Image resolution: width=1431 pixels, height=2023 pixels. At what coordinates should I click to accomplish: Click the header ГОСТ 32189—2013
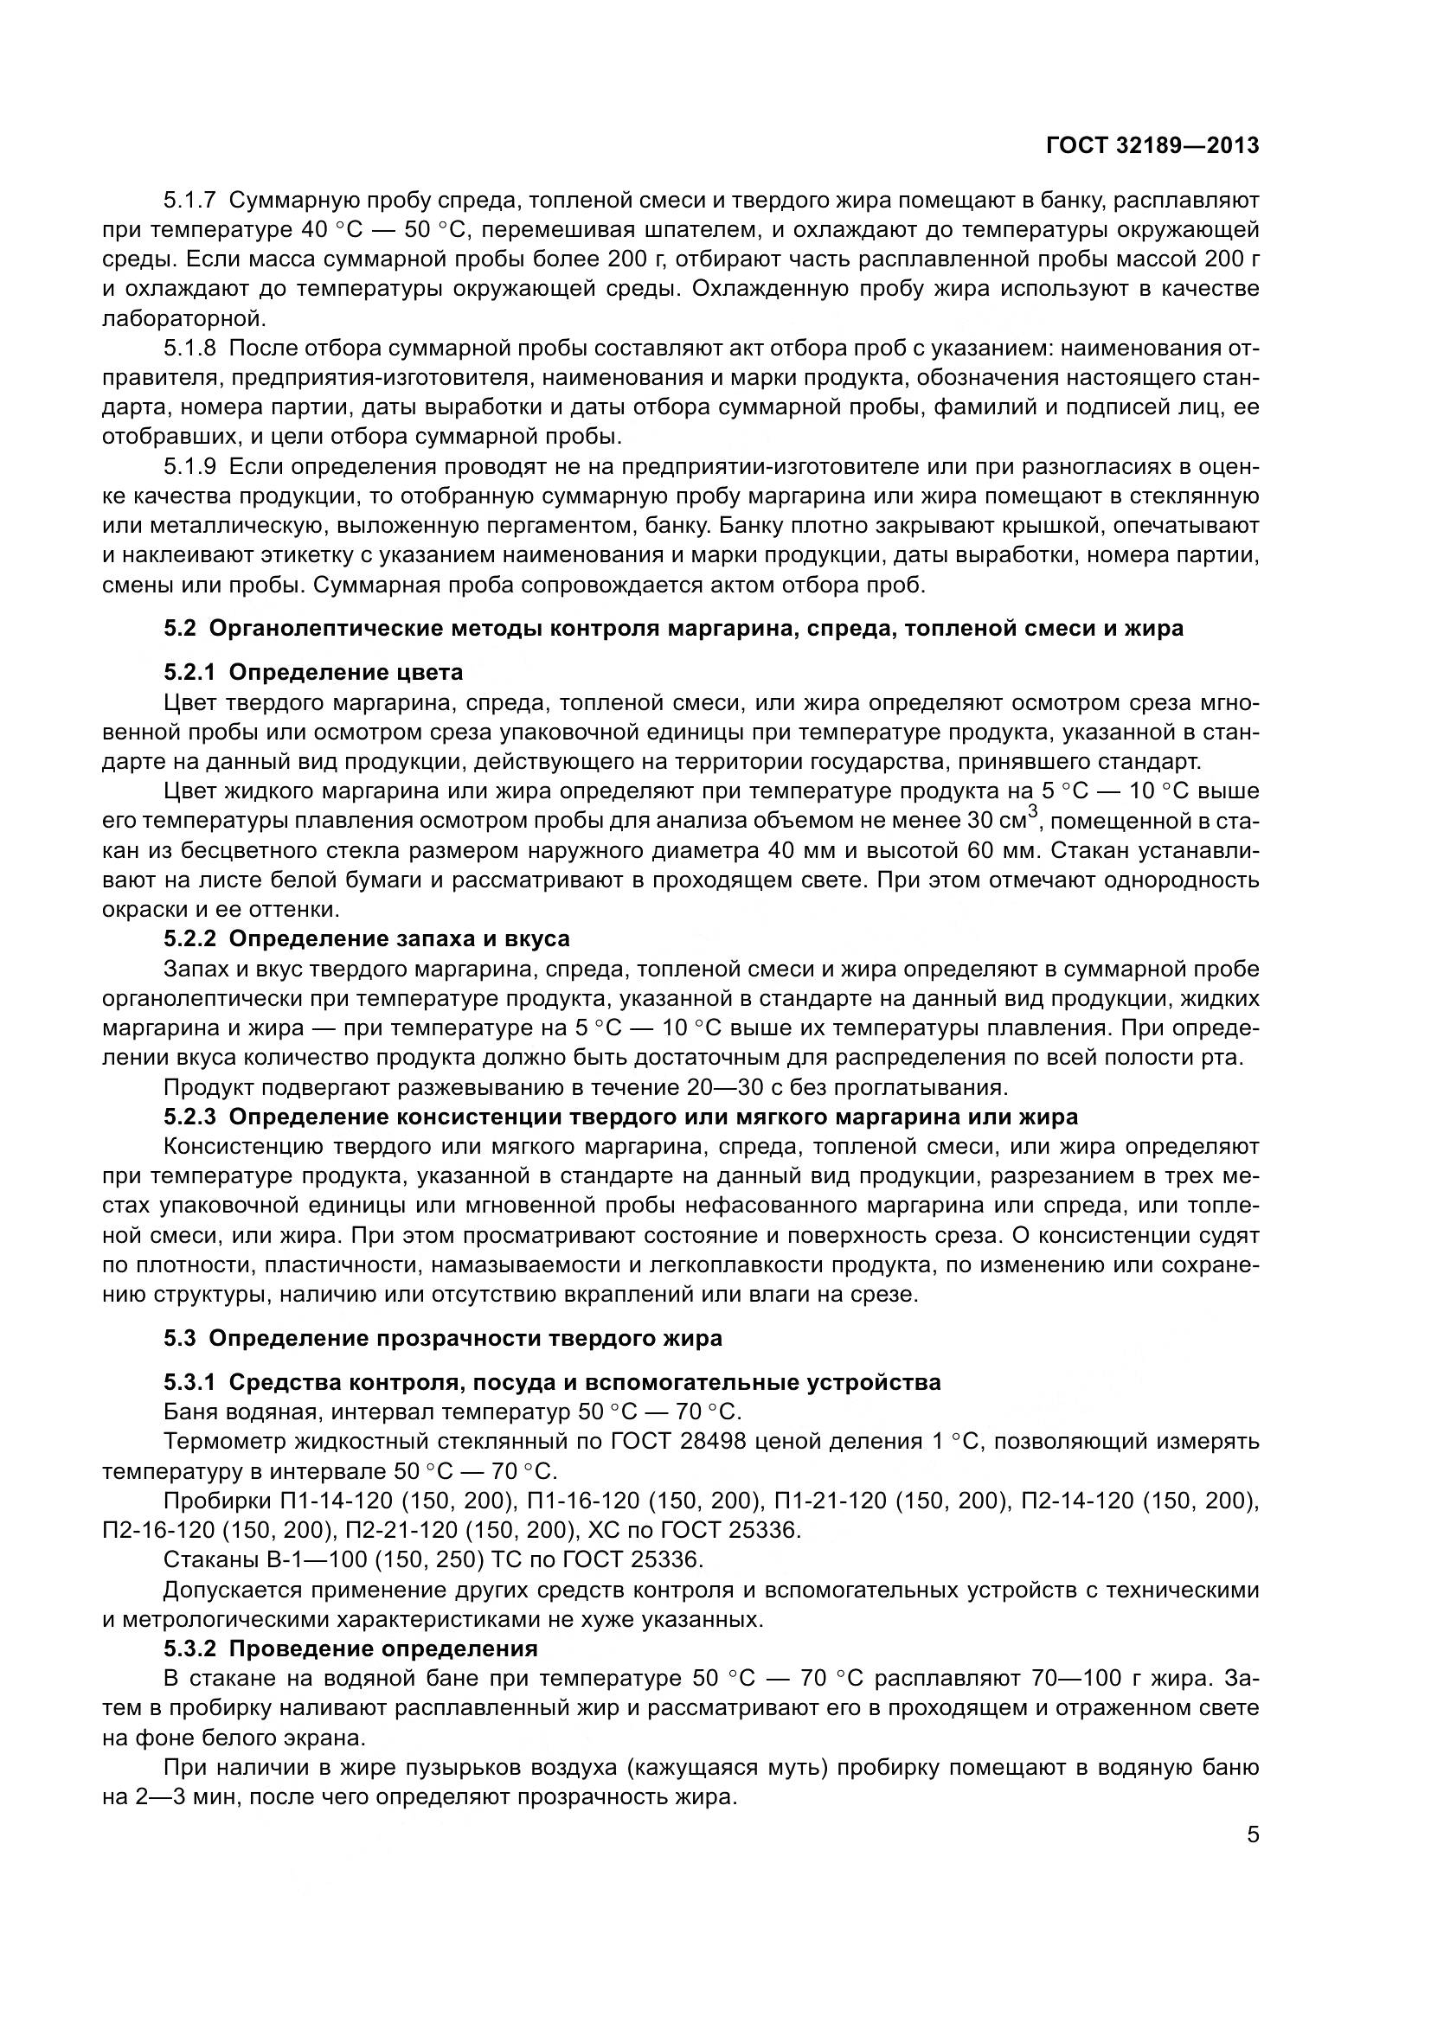click(1152, 146)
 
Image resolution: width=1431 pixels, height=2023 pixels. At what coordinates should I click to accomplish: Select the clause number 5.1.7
click(189, 201)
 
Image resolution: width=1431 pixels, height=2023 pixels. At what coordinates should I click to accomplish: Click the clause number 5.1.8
click(189, 348)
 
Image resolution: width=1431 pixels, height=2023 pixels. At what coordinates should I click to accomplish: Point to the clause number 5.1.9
click(189, 466)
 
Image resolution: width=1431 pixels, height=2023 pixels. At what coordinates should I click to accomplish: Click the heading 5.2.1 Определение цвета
click(313, 673)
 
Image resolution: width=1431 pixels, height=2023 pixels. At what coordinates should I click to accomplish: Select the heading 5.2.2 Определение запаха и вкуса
click(367, 939)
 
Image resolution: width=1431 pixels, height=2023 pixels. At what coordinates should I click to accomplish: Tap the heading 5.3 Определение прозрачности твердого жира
click(442, 1338)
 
